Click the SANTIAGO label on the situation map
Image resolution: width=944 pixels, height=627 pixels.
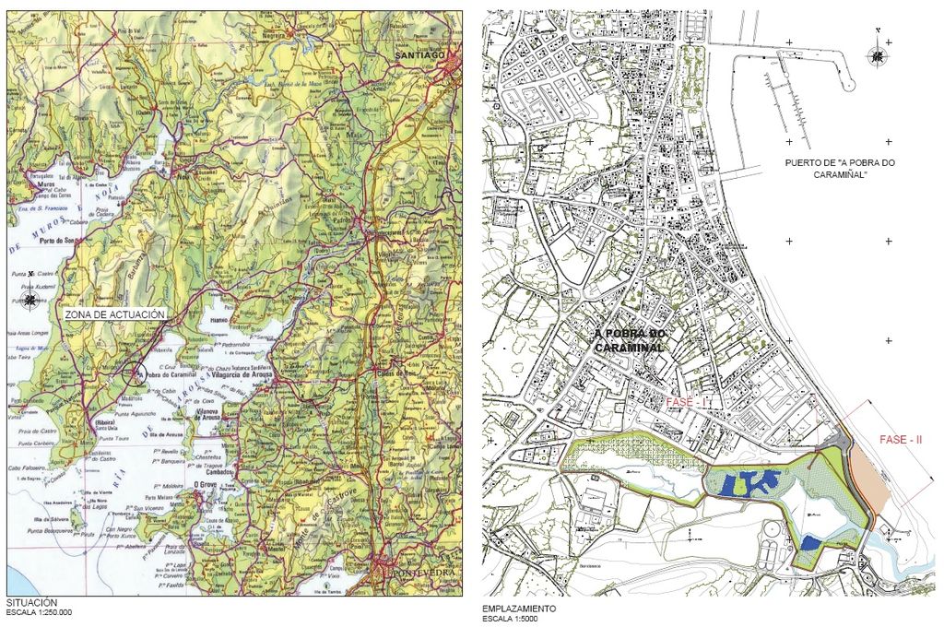point(419,55)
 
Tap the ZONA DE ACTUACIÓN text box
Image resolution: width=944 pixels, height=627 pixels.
point(115,314)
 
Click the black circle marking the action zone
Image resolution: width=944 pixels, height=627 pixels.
point(136,373)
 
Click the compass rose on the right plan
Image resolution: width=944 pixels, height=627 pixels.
point(876,57)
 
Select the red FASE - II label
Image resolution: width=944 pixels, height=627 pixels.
point(901,440)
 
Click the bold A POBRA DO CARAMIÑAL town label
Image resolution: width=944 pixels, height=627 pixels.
point(630,340)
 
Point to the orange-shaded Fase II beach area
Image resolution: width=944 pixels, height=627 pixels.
point(869,479)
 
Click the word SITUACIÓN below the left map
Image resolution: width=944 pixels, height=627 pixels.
point(26,602)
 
